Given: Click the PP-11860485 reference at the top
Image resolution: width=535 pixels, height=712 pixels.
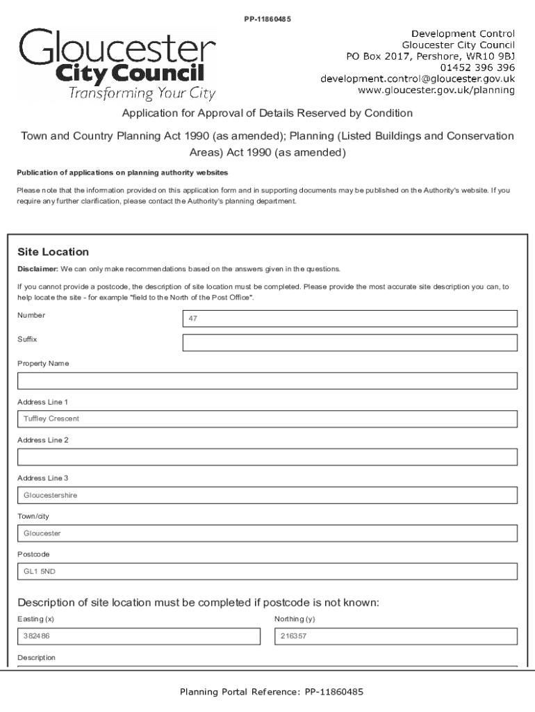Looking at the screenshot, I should (267, 19).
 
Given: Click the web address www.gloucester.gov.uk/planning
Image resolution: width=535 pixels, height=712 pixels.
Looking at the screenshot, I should (436, 90).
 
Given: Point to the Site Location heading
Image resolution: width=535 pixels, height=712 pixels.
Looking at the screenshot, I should (53, 252).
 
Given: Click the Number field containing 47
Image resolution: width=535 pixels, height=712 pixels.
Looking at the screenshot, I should (349, 318).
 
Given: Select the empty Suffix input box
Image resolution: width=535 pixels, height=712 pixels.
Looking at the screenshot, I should (349, 343).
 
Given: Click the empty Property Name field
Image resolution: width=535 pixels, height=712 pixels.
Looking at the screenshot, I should (267, 381).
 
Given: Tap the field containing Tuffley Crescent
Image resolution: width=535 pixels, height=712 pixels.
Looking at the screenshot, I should (267, 419).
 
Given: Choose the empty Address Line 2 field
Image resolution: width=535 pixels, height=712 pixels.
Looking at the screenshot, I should (267, 457).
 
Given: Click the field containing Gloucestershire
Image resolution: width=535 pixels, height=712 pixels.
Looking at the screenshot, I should (267, 495).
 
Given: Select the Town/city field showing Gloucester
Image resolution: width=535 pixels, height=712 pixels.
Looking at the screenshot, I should (267, 533).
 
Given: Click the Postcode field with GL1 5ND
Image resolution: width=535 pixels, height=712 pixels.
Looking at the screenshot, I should (267, 571).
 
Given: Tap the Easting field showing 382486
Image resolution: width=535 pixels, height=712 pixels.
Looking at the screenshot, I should (138, 636).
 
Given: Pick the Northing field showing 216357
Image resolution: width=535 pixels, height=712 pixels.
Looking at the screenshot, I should (396, 636).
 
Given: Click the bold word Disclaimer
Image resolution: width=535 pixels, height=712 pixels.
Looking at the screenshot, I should (38, 268).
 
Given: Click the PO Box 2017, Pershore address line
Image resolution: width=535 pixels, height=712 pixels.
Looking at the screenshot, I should (430, 56).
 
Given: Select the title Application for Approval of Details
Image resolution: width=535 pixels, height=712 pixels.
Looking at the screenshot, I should (267, 113).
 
